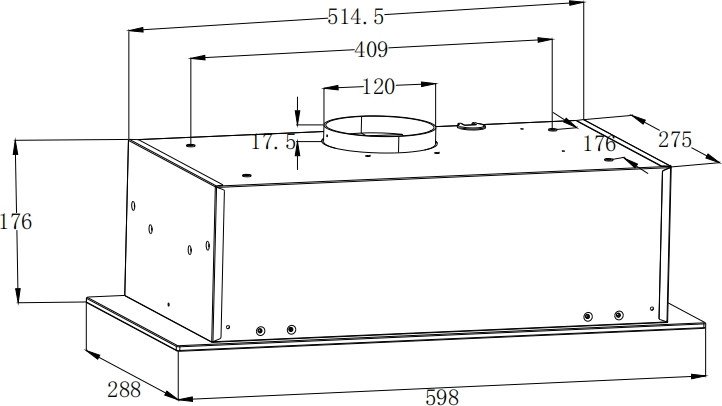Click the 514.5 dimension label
pyautogui.click(x=355, y=17)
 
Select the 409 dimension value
pyautogui.click(x=371, y=49)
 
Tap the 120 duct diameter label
pyautogui.click(x=378, y=87)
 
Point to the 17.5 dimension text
pyautogui.click(x=274, y=142)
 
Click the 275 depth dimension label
pyautogui.click(x=675, y=139)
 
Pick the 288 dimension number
pyautogui.click(x=124, y=390)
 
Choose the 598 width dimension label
pyautogui.click(x=442, y=397)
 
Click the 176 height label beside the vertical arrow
pyautogui.click(x=16, y=222)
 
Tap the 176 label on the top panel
pyautogui.click(x=599, y=144)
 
